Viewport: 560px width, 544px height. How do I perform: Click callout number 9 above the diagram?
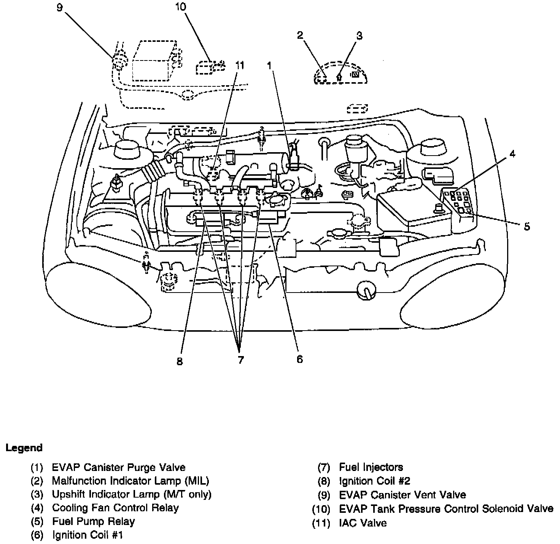coord(59,7)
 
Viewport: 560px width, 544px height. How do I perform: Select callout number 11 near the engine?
coord(239,65)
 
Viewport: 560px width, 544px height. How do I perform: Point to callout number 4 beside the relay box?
coord(512,154)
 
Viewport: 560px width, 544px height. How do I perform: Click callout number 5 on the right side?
coord(527,226)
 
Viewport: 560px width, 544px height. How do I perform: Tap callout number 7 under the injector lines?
coord(240,359)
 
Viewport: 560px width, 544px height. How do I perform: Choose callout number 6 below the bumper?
coord(299,359)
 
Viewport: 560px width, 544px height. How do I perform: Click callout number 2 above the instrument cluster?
coord(300,35)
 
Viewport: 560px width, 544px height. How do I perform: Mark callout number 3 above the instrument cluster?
coord(359,36)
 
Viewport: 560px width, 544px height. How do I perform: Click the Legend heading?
coord(24,448)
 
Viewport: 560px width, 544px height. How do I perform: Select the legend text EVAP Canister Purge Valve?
coord(119,467)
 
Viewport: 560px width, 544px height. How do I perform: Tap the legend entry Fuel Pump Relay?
coord(93,521)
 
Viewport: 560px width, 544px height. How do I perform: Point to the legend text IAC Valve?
coord(363,523)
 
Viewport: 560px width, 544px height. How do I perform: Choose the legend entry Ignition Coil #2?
coord(374,481)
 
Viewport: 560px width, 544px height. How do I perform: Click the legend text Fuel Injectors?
coord(371,467)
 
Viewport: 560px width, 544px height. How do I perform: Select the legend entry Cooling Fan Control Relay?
coord(115,508)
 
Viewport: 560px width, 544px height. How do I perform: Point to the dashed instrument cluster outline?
coord(340,72)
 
